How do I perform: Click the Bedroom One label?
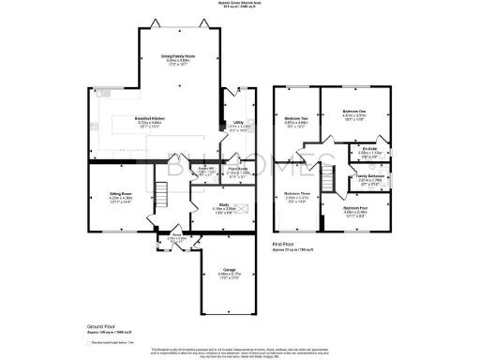352,112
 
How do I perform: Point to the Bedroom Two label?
297,118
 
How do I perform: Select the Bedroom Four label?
368,207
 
